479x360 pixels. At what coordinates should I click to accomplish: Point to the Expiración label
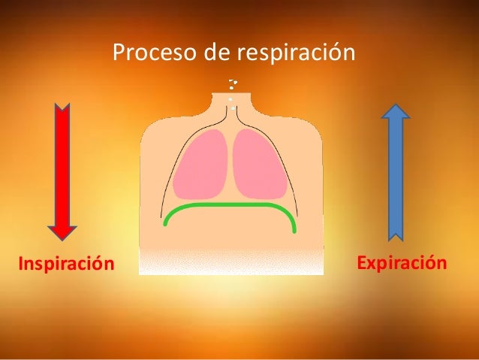tap(402, 264)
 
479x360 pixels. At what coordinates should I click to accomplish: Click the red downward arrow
tap(62, 169)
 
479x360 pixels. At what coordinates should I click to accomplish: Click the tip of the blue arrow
tap(396, 104)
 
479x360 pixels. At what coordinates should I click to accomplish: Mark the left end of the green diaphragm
tap(165, 223)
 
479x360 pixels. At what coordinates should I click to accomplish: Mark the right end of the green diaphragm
tap(294, 229)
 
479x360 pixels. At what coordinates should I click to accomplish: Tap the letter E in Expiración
tap(363, 264)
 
